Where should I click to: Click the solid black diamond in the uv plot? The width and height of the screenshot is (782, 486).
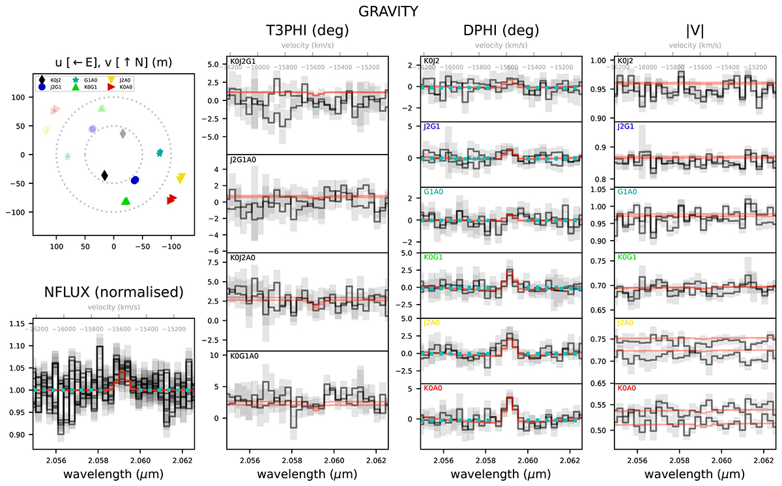(105, 175)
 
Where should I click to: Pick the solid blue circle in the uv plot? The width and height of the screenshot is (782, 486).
(135, 180)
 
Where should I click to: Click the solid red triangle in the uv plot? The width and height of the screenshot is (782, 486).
(171, 199)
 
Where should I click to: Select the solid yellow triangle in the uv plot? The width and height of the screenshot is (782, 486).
(181, 177)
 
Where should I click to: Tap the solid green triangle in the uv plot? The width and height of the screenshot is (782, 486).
(126, 201)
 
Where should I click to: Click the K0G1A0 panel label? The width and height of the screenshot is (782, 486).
(242, 356)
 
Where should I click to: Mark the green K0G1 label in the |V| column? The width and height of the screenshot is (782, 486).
(628, 257)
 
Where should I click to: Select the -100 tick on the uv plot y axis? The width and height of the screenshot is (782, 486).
(19, 212)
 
